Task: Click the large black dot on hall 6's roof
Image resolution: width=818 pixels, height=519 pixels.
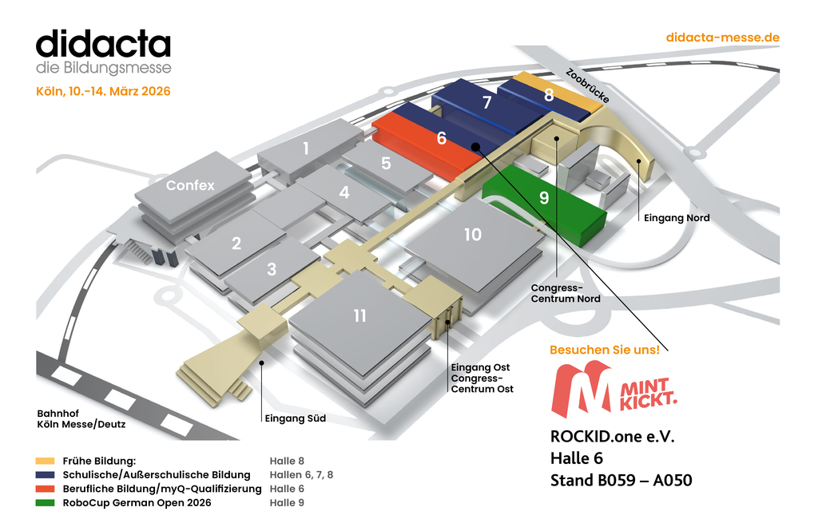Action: tap(475, 147)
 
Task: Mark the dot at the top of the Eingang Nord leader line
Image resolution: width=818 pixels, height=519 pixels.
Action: tap(638, 161)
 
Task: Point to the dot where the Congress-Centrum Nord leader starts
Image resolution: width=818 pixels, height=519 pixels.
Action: tap(557, 139)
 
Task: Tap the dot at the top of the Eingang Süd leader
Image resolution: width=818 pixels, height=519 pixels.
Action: tap(262, 363)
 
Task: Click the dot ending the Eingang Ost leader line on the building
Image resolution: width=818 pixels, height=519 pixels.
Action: tap(447, 322)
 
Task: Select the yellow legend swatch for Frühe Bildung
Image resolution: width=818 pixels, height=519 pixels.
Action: tap(45, 461)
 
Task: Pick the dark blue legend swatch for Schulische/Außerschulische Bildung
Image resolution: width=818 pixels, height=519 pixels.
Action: tap(45, 475)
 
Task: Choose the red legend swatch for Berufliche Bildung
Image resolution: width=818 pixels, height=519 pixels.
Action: tap(45, 489)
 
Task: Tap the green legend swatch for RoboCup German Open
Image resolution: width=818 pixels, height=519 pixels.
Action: tap(45, 503)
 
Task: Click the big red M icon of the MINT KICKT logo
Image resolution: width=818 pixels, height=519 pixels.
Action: tap(582, 389)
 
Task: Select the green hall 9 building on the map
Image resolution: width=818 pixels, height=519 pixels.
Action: tap(545, 204)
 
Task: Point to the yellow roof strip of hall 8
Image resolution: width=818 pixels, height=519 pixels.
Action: tap(559, 91)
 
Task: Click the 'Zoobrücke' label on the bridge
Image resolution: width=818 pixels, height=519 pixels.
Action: tap(587, 86)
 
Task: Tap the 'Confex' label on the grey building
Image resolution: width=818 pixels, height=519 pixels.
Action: tap(190, 185)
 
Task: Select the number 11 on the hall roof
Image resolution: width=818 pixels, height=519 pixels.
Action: tap(360, 315)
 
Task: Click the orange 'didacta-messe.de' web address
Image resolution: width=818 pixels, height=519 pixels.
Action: tap(722, 38)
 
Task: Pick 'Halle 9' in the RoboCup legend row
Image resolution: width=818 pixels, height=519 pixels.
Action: tap(287, 503)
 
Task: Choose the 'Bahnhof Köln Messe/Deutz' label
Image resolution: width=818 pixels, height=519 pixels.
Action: tap(81, 419)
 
